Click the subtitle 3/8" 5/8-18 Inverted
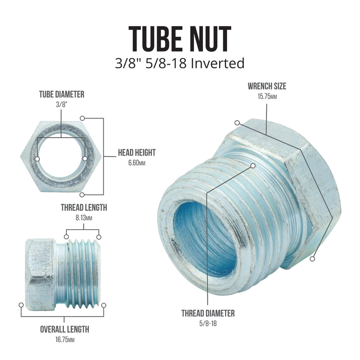179,63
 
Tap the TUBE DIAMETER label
62,94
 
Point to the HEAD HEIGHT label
136,153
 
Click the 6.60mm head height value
136,163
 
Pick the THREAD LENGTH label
84,207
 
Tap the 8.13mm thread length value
84,217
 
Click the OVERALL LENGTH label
64,329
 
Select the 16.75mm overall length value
64,340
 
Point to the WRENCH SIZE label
267,86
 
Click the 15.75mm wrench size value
267,96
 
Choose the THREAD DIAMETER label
208,313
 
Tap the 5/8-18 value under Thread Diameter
208,323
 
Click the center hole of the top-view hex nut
61,157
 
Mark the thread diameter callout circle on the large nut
253,165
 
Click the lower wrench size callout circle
312,259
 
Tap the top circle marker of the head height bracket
82,118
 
